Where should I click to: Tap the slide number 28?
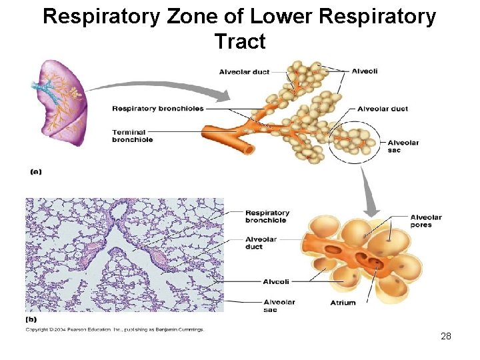(446, 336)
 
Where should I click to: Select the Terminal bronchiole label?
(133, 135)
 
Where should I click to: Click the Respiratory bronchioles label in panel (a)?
(157, 109)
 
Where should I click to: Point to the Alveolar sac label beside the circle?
(403, 146)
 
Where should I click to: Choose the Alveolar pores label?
(425, 221)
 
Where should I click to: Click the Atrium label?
(343, 303)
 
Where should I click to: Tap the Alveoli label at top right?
(364, 71)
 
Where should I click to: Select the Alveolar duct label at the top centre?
(244, 72)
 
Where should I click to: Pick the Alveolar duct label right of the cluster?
(382, 109)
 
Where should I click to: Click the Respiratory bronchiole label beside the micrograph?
(267, 217)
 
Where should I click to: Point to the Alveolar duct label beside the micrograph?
(261, 243)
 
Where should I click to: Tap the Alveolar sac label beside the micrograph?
(279, 305)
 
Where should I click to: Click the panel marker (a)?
(35, 171)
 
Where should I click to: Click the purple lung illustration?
(61, 100)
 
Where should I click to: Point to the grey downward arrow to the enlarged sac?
(367, 183)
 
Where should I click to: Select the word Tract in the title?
(240, 41)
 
